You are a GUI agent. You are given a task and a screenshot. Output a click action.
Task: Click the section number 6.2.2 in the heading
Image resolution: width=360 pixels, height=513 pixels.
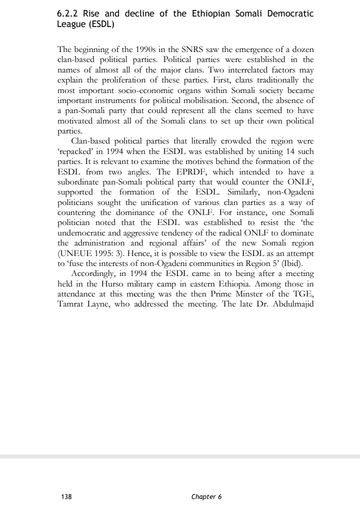pyautogui.click(x=68, y=13)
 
